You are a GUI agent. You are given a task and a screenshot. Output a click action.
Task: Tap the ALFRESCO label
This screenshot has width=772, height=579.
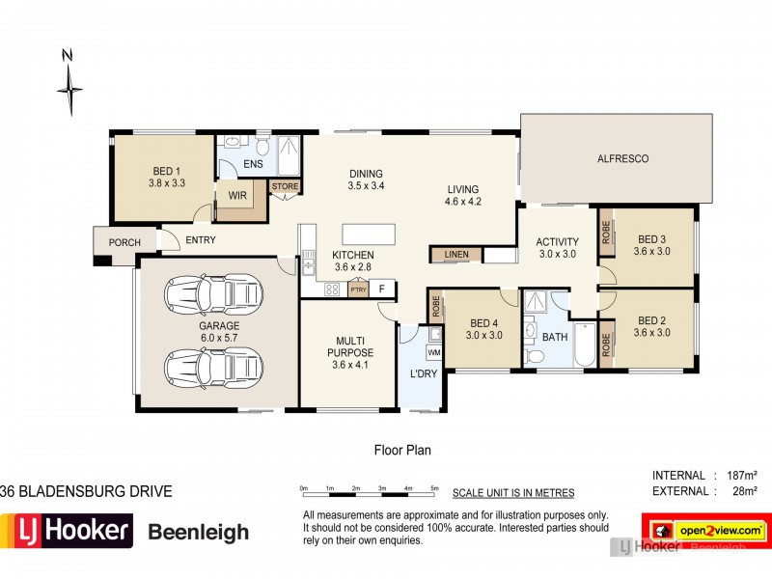click(622, 158)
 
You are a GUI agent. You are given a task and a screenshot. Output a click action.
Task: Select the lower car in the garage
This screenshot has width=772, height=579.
click(215, 366)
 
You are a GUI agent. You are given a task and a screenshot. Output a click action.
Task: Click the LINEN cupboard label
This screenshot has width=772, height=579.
click(456, 255)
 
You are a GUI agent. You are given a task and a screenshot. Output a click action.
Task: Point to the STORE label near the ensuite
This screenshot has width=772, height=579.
click(285, 186)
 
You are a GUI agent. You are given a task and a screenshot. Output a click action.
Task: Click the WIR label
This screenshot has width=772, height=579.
click(237, 195)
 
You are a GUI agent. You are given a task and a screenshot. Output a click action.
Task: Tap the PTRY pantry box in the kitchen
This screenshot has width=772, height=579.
click(358, 289)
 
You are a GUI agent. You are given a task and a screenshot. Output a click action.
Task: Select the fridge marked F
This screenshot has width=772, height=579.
click(382, 289)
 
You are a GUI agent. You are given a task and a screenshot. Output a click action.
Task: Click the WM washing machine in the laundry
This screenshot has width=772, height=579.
click(433, 352)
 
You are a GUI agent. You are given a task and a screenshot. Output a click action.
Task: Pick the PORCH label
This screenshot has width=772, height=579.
click(124, 242)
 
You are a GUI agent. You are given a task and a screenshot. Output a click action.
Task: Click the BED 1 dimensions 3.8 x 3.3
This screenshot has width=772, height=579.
click(166, 181)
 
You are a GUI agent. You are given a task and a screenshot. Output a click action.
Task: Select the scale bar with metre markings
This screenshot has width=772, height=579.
click(369, 492)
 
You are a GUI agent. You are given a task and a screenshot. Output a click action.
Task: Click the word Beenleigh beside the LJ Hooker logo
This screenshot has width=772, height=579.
click(198, 532)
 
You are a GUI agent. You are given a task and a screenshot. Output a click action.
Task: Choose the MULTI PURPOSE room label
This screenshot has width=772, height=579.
click(350, 347)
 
